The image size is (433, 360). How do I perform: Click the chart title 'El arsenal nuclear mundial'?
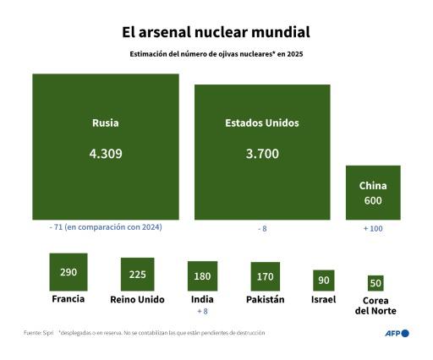point(216,32)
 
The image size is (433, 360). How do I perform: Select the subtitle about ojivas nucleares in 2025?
point(216,54)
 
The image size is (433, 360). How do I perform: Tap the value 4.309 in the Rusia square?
point(105,154)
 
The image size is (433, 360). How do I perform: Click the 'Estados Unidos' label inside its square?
point(261,123)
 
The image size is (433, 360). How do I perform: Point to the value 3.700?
point(261,154)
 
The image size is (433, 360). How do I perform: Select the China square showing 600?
point(373,193)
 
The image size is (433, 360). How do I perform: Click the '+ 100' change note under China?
point(373,228)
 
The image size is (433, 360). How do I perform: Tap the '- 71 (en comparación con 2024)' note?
point(106,227)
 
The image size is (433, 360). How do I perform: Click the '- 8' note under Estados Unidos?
point(261,228)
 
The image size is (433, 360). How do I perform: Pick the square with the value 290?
point(69,272)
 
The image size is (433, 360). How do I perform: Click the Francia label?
point(69,299)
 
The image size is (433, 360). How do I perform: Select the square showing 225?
point(137,275)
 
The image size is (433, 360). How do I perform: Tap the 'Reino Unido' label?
point(137,299)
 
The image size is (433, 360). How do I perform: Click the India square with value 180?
point(201,276)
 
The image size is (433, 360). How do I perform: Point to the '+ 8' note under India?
point(201,311)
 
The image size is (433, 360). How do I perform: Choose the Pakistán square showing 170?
point(265,276)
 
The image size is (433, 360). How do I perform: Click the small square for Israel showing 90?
point(324,281)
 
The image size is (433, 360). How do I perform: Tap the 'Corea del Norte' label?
point(375,305)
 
